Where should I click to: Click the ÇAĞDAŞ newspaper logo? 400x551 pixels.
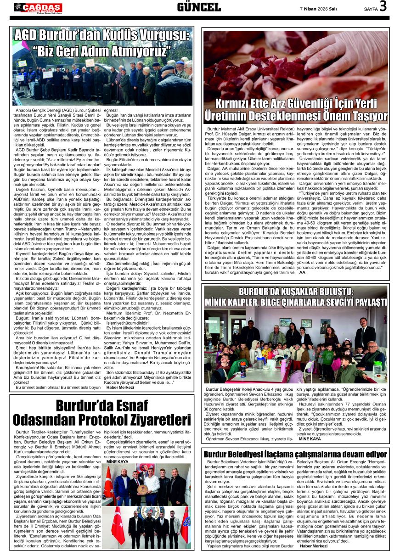pyautogui.click(x=38, y=7)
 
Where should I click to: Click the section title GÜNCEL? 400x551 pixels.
pyautogui.click(x=199, y=7)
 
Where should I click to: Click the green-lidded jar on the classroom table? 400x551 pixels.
pyautogui.click(x=377, y=367)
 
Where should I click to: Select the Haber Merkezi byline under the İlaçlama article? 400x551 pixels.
pyautogui.click(x=314, y=546)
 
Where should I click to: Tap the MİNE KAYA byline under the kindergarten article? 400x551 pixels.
pyautogui.click(x=310, y=439)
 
